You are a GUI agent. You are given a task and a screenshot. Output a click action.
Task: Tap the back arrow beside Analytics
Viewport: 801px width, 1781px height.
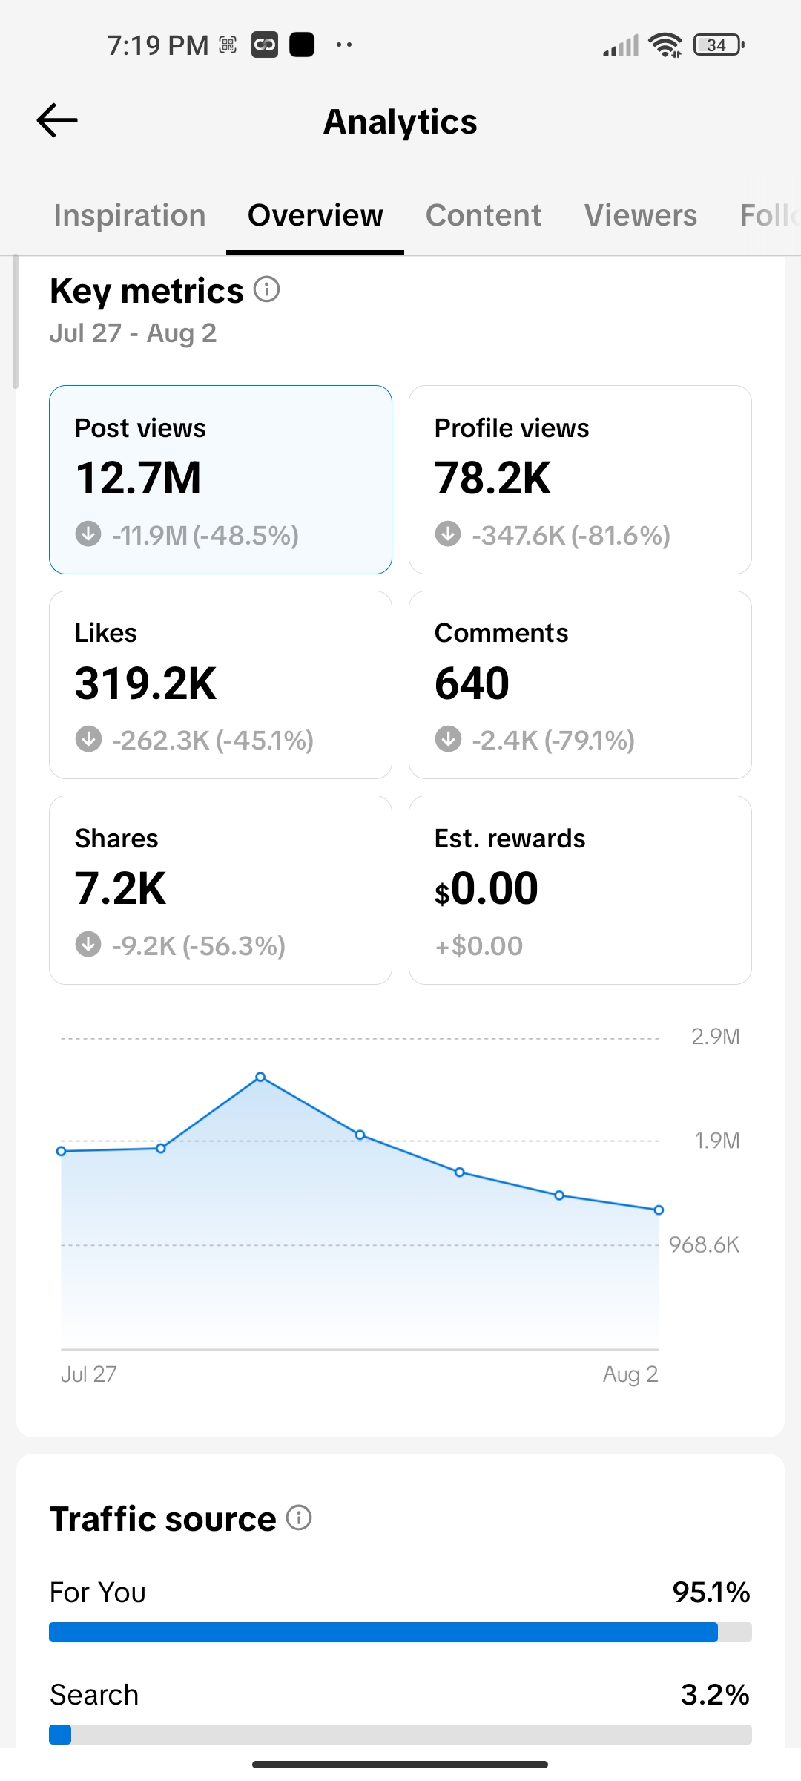(x=57, y=120)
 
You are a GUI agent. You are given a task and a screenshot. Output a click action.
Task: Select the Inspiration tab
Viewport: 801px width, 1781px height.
(x=130, y=215)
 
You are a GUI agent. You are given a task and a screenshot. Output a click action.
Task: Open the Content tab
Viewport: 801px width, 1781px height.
(x=484, y=215)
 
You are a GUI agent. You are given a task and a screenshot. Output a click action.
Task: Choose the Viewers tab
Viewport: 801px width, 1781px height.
(x=641, y=215)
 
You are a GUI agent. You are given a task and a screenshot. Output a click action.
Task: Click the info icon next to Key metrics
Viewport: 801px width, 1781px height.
(x=267, y=289)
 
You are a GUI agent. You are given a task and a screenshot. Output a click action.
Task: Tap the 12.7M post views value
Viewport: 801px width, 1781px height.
(x=139, y=478)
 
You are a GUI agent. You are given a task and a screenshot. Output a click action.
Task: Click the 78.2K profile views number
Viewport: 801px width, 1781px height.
(x=493, y=478)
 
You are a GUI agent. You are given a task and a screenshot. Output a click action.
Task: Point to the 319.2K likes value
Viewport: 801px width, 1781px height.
(x=146, y=683)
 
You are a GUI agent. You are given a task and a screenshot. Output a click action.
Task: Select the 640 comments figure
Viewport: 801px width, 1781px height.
(x=472, y=683)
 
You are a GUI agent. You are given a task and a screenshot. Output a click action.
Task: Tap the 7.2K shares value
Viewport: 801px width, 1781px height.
(x=121, y=888)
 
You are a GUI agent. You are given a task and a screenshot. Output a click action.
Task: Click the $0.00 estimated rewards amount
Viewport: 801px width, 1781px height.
(x=487, y=889)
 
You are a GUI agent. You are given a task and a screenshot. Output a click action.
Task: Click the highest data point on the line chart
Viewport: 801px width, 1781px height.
(x=260, y=1077)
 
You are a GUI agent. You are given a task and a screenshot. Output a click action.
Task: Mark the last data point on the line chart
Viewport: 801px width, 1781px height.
(x=659, y=1210)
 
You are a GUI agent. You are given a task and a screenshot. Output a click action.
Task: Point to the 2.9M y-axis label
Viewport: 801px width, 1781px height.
(x=716, y=1037)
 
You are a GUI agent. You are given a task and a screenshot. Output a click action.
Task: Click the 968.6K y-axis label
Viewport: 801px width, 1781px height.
(x=705, y=1244)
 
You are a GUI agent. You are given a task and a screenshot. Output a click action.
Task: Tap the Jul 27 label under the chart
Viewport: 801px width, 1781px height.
(x=89, y=1374)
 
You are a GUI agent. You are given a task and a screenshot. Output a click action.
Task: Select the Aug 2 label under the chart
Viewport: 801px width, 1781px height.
(x=630, y=1374)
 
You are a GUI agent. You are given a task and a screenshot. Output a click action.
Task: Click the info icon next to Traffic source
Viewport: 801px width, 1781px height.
(x=299, y=1518)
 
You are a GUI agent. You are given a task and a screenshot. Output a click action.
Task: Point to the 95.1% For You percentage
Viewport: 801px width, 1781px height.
(x=711, y=1593)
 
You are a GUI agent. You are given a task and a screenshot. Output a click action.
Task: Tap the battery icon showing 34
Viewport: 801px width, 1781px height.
(x=718, y=45)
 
